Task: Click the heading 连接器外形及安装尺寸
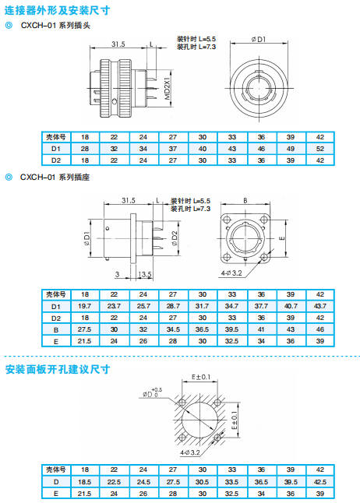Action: click(57, 10)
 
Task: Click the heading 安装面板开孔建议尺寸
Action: click(58, 369)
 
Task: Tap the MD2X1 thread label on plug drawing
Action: click(168, 87)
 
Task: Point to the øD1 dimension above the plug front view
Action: click(259, 39)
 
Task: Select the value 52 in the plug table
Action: click(319, 149)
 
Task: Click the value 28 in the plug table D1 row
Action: click(85, 149)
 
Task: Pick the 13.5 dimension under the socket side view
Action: click(144, 274)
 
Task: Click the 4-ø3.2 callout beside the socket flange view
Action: click(231, 273)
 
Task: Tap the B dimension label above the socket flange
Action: click(245, 200)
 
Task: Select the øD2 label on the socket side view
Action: click(175, 238)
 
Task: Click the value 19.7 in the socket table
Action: click(84, 306)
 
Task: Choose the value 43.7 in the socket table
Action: click(319, 306)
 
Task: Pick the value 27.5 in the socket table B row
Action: click(84, 329)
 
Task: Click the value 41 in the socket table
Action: click(261, 329)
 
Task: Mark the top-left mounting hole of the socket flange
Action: click(228, 220)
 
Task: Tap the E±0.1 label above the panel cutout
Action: click(201, 377)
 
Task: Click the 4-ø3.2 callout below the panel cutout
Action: click(190, 452)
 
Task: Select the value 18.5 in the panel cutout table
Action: click(84, 482)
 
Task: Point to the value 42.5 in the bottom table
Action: click(319, 482)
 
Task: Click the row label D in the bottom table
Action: click(56, 482)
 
